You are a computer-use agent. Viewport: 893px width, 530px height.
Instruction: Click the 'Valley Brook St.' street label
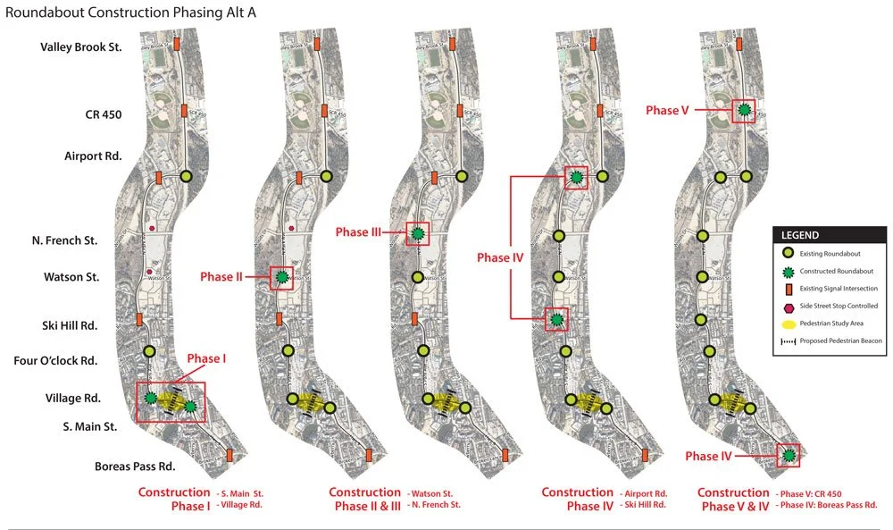(81, 46)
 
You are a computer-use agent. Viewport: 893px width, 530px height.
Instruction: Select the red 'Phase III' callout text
(358, 232)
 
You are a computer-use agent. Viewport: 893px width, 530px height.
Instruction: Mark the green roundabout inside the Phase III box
(417, 234)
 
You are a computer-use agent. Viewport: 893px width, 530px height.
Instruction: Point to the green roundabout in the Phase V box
(743, 111)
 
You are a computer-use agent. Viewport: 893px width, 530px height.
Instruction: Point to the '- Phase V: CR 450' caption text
(810, 493)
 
